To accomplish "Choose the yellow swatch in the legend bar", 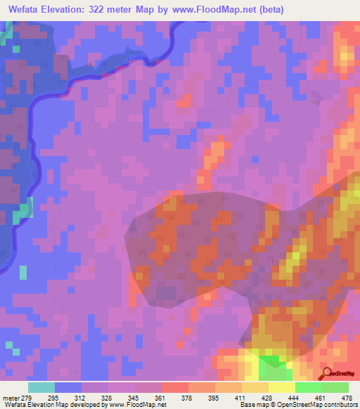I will tap(281, 387).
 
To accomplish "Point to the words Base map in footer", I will tap(253, 405).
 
